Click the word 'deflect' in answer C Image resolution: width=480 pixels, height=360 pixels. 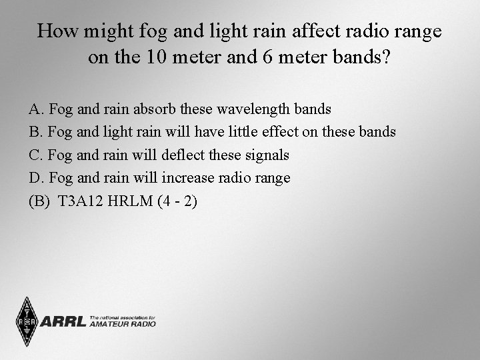tap(185, 155)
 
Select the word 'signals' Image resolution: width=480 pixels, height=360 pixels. tap(267, 155)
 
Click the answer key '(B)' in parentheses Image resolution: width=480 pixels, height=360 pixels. tap(39, 202)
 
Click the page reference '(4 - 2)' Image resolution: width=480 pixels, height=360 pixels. tap(178, 202)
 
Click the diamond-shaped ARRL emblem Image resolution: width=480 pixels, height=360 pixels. tap(27, 322)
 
